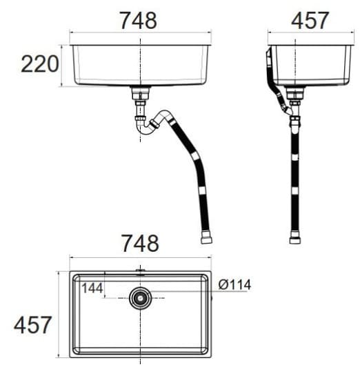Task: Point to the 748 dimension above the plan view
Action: coord(140,243)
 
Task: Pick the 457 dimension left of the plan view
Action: coord(33,324)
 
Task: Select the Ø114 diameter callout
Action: coord(234,284)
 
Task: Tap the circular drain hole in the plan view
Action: coord(141,298)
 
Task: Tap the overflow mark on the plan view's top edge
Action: coord(141,271)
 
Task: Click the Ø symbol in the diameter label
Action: coord(222,284)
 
